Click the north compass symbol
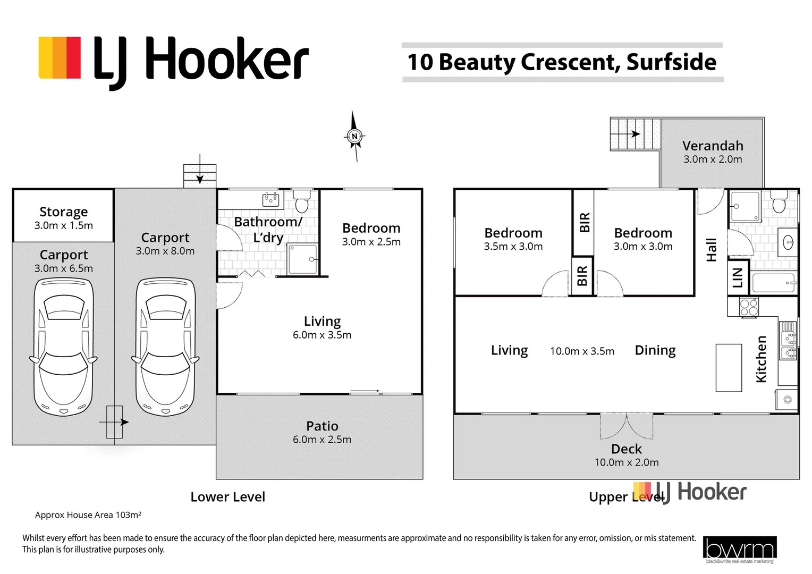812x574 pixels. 354,137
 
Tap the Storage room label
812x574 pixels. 63,212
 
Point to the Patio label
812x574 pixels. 322,426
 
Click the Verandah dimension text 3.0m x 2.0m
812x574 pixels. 713,159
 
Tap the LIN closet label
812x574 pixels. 738,277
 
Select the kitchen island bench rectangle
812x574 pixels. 729,368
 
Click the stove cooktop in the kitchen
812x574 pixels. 749,307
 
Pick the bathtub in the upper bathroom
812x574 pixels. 774,283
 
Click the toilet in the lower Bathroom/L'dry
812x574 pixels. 302,202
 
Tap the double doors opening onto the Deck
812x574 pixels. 627,426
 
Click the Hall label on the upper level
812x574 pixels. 712,249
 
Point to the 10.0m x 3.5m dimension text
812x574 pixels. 582,351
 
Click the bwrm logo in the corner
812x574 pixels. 739,549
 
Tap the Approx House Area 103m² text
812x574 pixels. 88,515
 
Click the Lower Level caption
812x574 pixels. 227,497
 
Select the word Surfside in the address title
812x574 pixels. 671,62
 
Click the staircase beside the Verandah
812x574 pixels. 635,134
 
